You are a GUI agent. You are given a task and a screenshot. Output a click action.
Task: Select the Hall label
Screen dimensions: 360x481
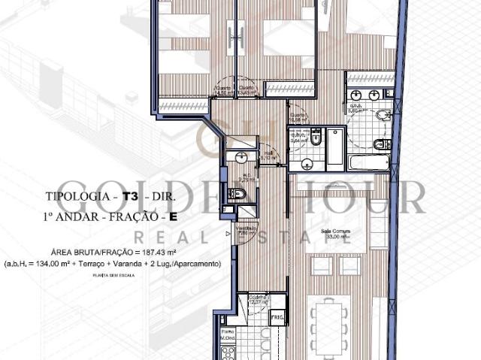pos(269,155)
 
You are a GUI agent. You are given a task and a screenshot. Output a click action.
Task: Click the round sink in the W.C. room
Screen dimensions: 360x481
pos(240,157)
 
